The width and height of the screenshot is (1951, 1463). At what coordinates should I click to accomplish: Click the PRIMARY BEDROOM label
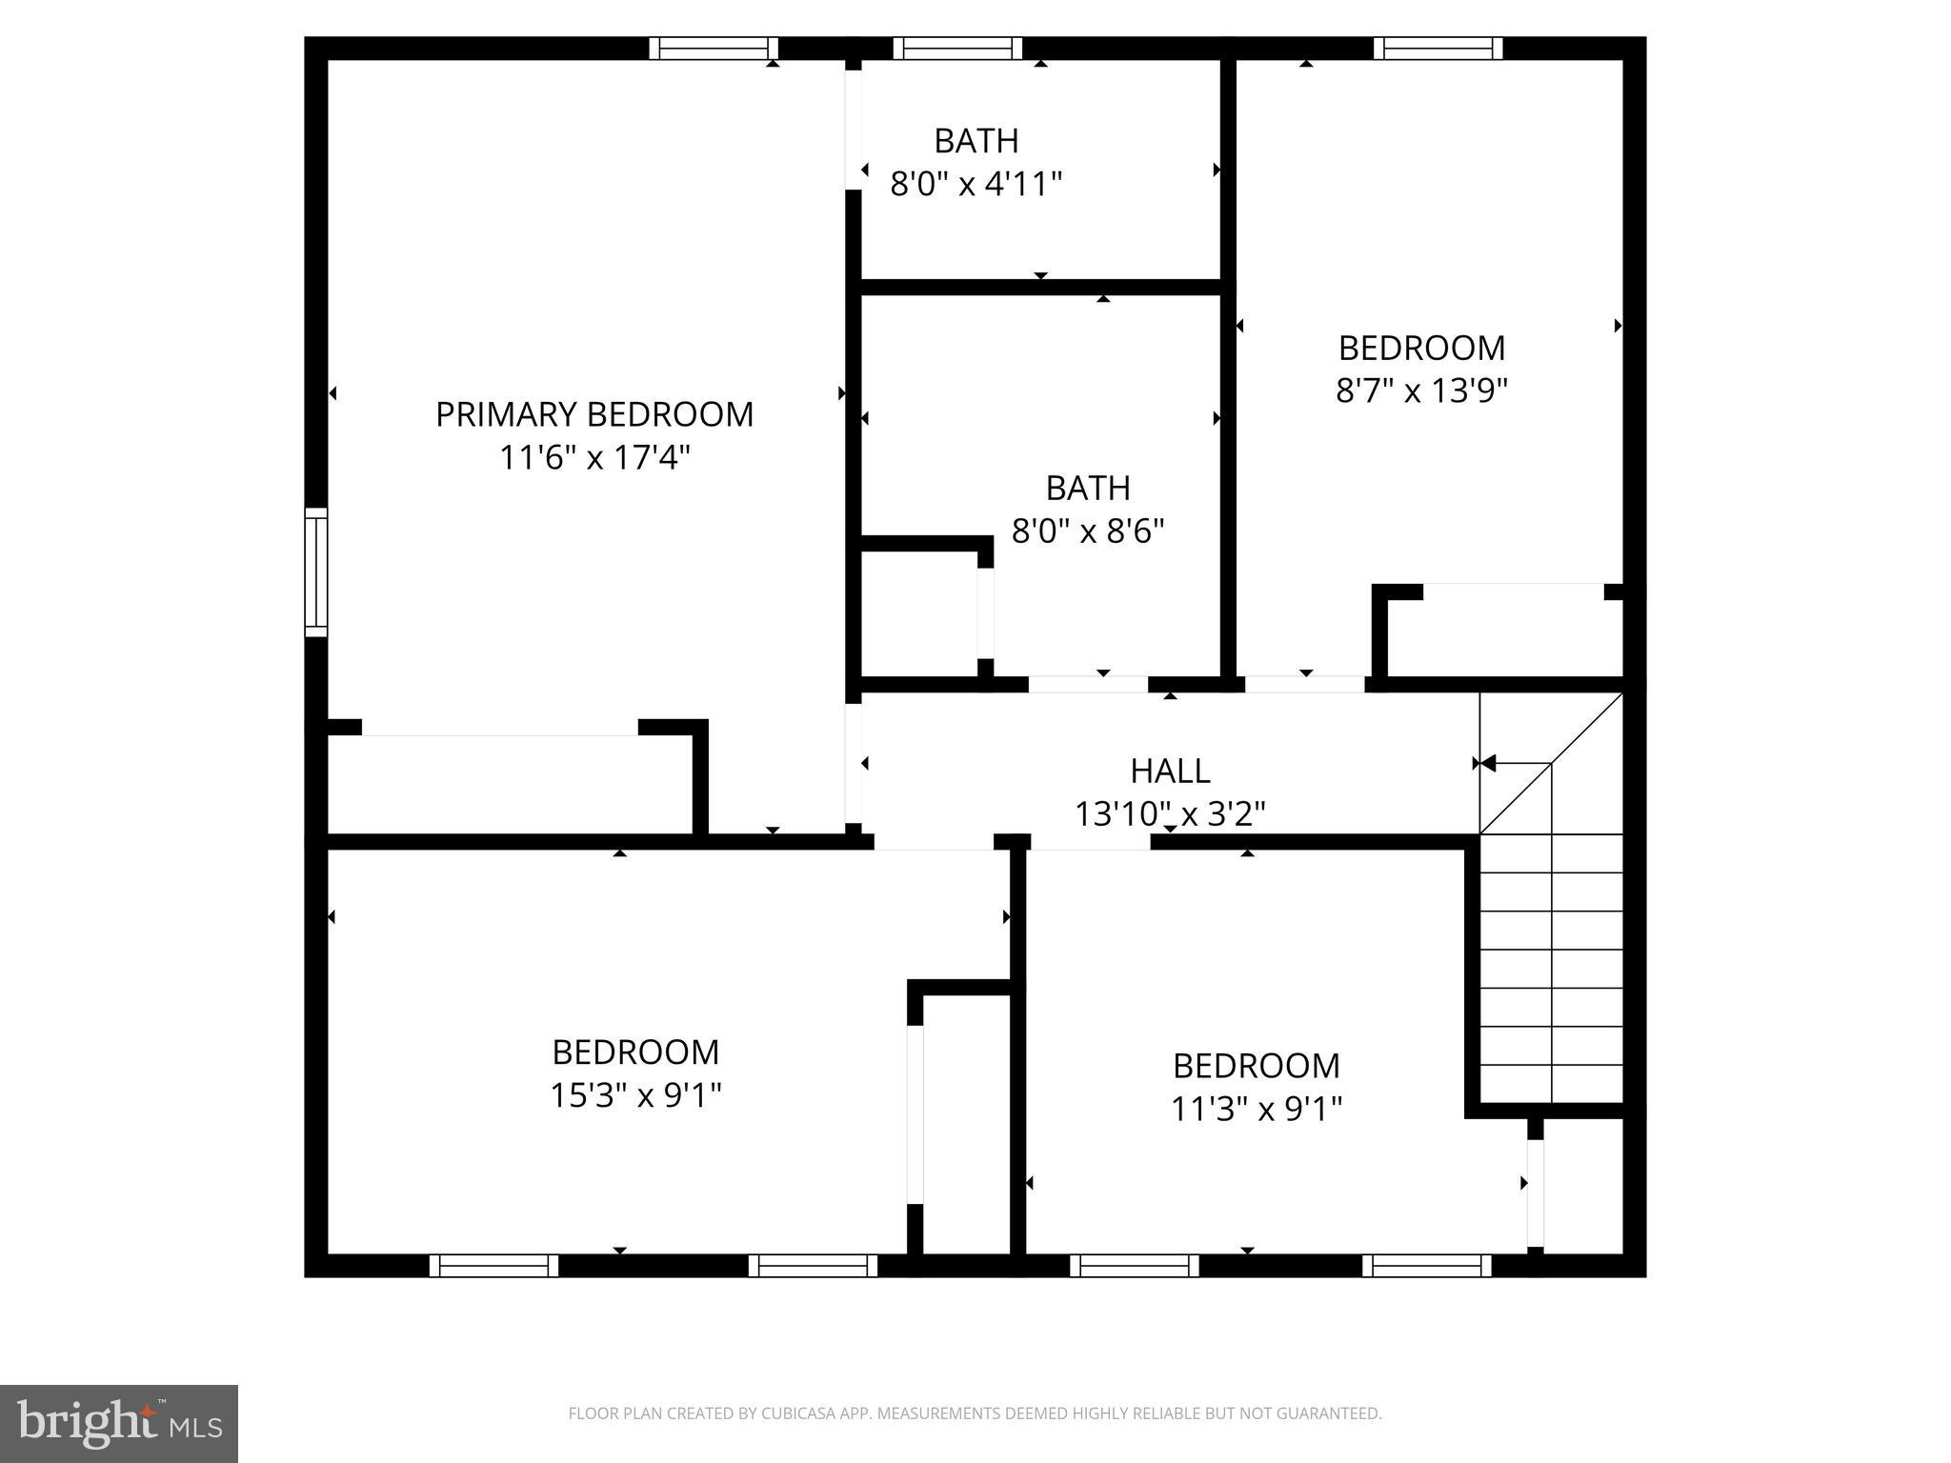[594, 414]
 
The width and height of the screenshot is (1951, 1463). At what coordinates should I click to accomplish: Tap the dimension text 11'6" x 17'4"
[594, 458]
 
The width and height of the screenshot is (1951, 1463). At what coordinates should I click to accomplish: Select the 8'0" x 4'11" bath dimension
[975, 183]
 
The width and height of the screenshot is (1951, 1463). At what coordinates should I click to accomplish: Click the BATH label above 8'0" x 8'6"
[1088, 488]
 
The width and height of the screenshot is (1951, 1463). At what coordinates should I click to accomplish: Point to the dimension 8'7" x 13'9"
[1421, 391]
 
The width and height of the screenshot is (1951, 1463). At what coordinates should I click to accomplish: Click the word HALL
[1170, 770]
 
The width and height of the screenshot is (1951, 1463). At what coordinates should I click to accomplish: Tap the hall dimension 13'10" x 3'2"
[1170, 814]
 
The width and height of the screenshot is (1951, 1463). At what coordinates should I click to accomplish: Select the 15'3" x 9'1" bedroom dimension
[635, 1095]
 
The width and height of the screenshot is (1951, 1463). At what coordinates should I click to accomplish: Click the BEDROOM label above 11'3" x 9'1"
[1256, 1065]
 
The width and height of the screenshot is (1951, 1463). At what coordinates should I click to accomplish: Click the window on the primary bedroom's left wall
[316, 571]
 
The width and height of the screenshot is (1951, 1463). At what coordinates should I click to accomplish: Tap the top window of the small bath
[957, 49]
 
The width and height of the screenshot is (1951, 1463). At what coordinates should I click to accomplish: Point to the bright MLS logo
[119, 1423]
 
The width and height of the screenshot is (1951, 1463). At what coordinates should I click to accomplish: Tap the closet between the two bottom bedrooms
[966, 1124]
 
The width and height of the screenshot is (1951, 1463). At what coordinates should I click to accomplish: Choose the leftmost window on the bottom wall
[493, 1265]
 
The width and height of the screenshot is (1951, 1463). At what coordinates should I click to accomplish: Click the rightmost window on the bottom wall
[1426, 1265]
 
